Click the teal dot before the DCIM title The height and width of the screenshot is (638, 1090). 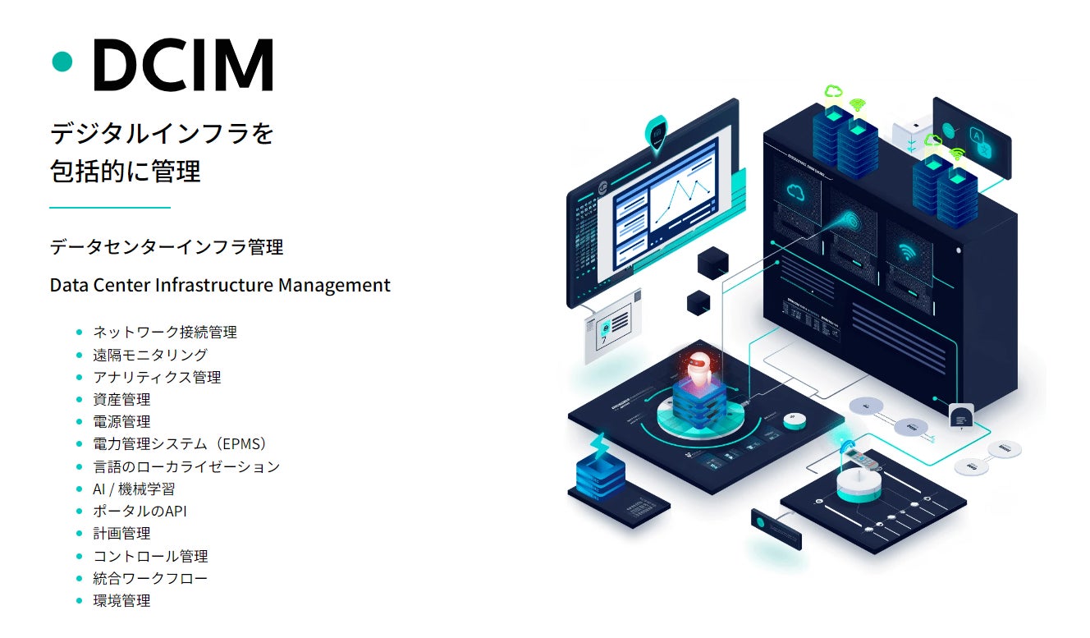click(x=62, y=61)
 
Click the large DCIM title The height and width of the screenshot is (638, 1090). click(x=182, y=64)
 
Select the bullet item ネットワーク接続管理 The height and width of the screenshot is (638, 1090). click(x=165, y=333)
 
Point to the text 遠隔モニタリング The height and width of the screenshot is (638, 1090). click(x=150, y=355)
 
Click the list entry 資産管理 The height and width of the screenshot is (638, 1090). click(x=122, y=400)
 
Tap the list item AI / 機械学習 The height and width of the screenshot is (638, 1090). click(x=134, y=489)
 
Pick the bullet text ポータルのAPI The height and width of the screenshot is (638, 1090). click(x=140, y=511)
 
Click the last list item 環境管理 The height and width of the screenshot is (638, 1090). click(x=122, y=600)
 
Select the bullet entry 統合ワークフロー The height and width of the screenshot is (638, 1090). click(x=150, y=578)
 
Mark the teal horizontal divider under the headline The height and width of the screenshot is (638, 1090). click(x=110, y=208)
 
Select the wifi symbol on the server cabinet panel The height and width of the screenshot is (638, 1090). click(x=907, y=250)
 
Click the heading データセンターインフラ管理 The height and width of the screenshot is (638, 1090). click(x=167, y=246)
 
